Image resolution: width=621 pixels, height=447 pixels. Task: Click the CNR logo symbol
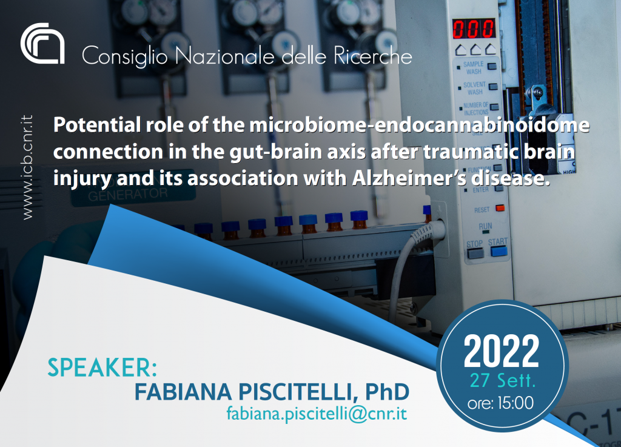point(42,43)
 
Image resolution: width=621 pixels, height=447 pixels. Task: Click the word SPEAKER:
point(102,367)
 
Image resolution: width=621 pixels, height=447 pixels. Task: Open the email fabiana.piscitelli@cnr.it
point(317,414)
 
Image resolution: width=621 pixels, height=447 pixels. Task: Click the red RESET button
point(500,208)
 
